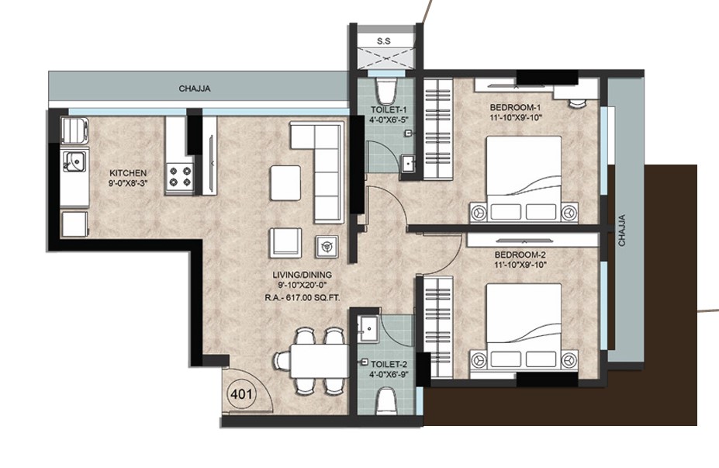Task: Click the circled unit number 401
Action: pyautogui.click(x=241, y=393)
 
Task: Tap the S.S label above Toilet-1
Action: pyautogui.click(x=384, y=41)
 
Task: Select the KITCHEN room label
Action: pyautogui.click(x=128, y=173)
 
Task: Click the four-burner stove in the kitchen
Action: pyautogui.click(x=180, y=177)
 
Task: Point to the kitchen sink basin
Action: pyautogui.click(x=74, y=161)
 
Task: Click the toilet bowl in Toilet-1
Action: pyautogui.click(x=385, y=91)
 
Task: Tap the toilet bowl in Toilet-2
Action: pyautogui.click(x=386, y=402)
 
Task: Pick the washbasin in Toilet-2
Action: pyautogui.click(x=368, y=329)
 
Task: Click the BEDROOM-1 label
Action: pyautogui.click(x=516, y=108)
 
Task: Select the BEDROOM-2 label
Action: pyautogui.click(x=520, y=255)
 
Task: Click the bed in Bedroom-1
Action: pyautogui.click(x=524, y=179)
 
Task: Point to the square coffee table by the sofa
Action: pyautogui.click(x=285, y=183)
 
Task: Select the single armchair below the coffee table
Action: pyautogui.click(x=285, y=243)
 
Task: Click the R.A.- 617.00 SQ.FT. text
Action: pyautogui.click(x=302, y=298)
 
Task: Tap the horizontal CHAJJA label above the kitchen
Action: pyautogui.click(x=195, y=88)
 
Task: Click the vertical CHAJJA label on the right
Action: pyautogui.click(x=622, y=231)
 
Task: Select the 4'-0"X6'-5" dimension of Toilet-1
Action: pyautogui.click(x=389, y=119)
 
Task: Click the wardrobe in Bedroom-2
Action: pyautogui.click(x=438, y=327)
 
